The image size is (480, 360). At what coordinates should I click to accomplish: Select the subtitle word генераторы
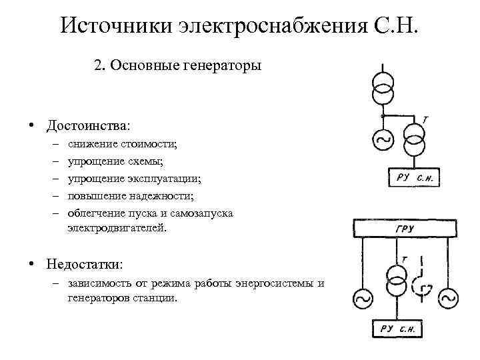click(x=223, y=66)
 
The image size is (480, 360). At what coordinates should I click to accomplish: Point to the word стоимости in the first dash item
click(x=153, y=143)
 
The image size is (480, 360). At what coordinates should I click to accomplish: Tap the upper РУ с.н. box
click(x=413, y=177)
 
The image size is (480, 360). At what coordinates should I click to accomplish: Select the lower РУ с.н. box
click(x=399, y=328)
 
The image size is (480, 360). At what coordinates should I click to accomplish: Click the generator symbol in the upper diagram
click(x=384, y=139)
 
